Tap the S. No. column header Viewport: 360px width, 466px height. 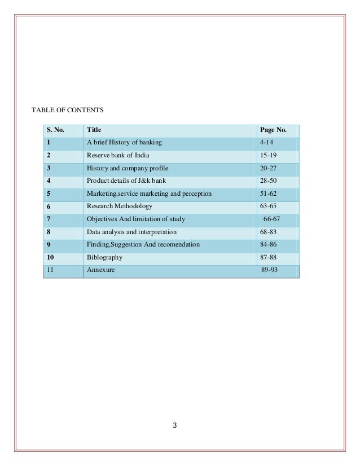55,130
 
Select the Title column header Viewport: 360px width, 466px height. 94,130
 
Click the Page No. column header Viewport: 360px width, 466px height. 273,130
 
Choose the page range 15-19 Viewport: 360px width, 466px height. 269,155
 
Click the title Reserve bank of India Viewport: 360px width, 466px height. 118,155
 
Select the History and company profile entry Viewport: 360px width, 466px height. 127,168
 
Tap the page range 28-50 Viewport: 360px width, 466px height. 269,181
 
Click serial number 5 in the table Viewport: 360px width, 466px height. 49,194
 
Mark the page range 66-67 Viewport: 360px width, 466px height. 271,219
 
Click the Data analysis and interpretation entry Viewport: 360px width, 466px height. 131,232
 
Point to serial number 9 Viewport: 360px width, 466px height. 49,245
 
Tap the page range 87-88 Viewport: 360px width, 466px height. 269,258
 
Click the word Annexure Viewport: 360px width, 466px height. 100,271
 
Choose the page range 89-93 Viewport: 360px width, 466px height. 269,271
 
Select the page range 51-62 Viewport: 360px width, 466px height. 269,194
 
